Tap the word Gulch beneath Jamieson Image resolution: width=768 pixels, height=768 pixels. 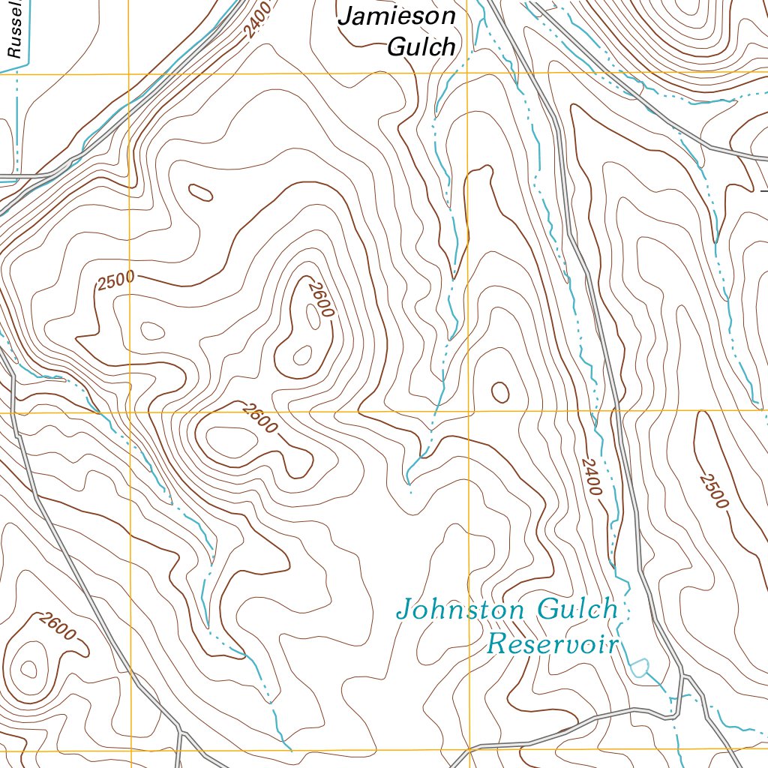421,46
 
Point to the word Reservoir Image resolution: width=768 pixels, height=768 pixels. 553,643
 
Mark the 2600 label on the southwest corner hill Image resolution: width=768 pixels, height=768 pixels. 58,627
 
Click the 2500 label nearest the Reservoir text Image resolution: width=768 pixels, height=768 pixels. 713,490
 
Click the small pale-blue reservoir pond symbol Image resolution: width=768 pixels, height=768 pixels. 639,666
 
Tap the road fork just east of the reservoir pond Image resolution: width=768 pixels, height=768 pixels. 684,676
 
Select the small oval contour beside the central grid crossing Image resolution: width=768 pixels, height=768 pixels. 499,391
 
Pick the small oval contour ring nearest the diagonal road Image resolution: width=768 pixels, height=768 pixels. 201,192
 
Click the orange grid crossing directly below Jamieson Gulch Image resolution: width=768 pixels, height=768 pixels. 467,73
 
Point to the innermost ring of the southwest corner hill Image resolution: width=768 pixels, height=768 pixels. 28,667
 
